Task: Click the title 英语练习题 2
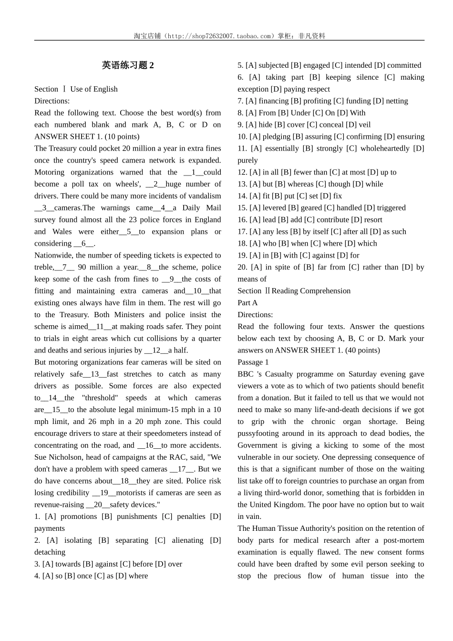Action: (128, 65)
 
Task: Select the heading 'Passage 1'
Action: (253, 362)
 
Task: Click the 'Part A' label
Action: (247, 302)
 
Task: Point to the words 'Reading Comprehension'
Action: (311, 291)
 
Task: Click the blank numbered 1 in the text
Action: (194, 172)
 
